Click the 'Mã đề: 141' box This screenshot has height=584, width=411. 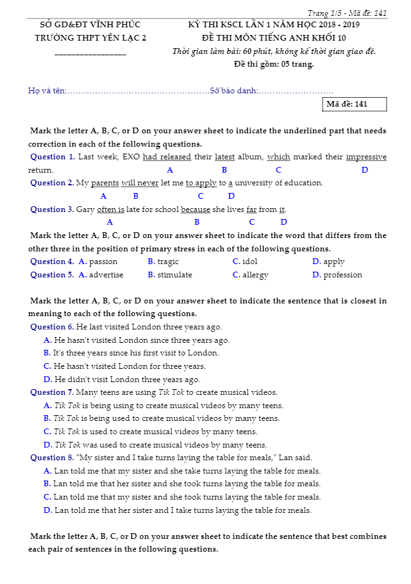point(354,104)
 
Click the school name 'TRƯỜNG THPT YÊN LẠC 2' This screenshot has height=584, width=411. point(90,38)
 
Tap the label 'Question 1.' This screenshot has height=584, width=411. point(53,157)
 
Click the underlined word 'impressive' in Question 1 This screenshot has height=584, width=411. point(366,157)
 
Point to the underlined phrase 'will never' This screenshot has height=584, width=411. point(140,183)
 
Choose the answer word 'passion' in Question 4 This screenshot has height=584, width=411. point(103,262)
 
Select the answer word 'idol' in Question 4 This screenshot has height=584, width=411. point(250,262)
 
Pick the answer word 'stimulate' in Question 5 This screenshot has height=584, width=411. point(175,275)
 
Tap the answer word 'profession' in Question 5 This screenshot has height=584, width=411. point(342,275)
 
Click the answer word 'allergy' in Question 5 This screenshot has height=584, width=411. point(255,275)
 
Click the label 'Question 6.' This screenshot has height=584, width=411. point(52,327)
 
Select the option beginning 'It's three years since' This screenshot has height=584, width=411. point(136,353)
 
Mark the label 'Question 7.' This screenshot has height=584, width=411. point(52,392)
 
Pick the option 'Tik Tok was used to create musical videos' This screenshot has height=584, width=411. point(160,445)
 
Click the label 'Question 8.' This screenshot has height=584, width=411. point(52,458)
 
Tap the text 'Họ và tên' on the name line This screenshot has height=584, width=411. point(47,91)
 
